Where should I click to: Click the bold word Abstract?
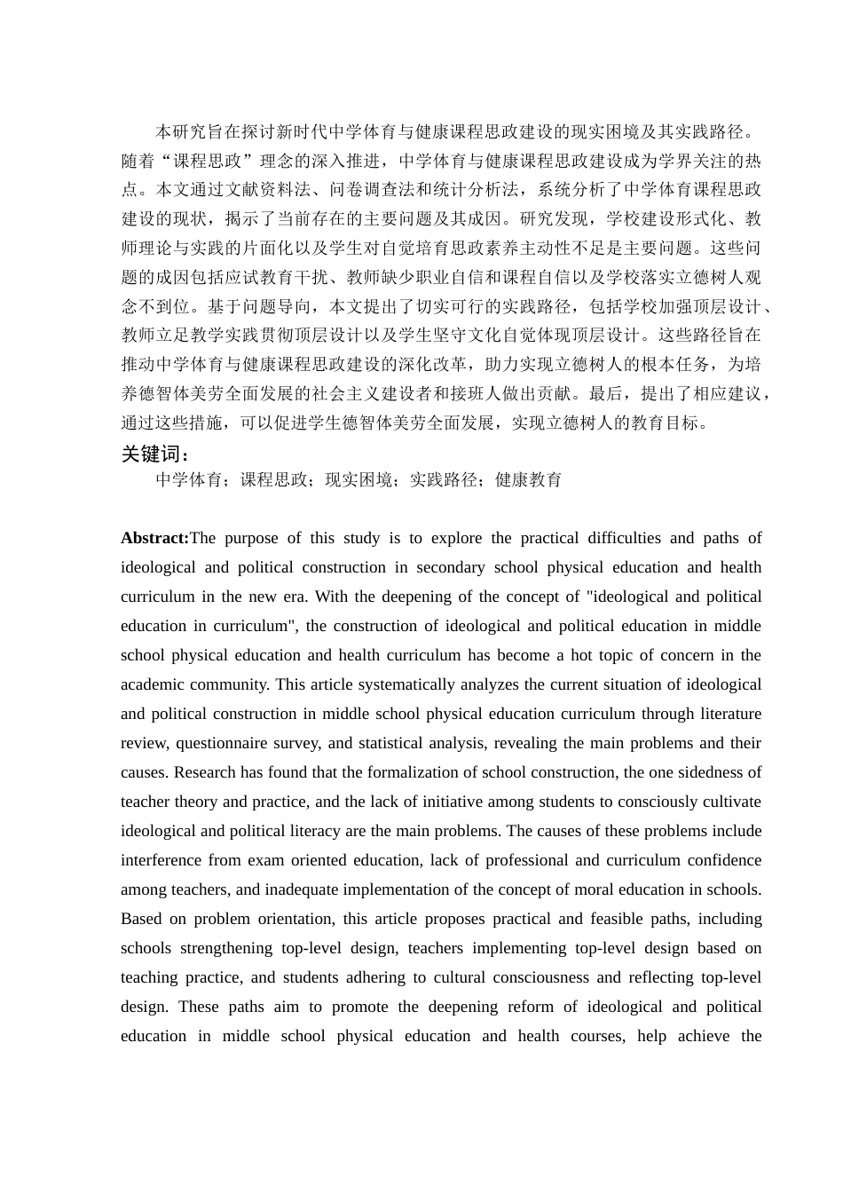coord(154,538)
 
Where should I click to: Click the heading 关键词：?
coord(154,454)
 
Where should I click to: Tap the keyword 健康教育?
coord(528,480)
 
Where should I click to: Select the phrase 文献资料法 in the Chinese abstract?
coord(277,190)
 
